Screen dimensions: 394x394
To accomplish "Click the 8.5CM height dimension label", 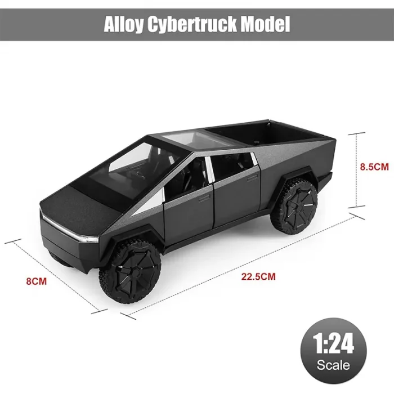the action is (374, 167).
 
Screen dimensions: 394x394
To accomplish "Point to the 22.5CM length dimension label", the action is (258, 277).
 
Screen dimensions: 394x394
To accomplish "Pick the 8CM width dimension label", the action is (37, 281).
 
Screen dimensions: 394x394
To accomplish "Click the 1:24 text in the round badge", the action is (333, 344).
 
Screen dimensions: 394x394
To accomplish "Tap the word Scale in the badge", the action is (333, 365).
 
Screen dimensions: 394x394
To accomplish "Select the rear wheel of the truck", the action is (294, 205).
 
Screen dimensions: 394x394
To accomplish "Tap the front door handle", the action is (204, 198).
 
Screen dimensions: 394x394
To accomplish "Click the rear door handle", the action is (252, 178).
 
